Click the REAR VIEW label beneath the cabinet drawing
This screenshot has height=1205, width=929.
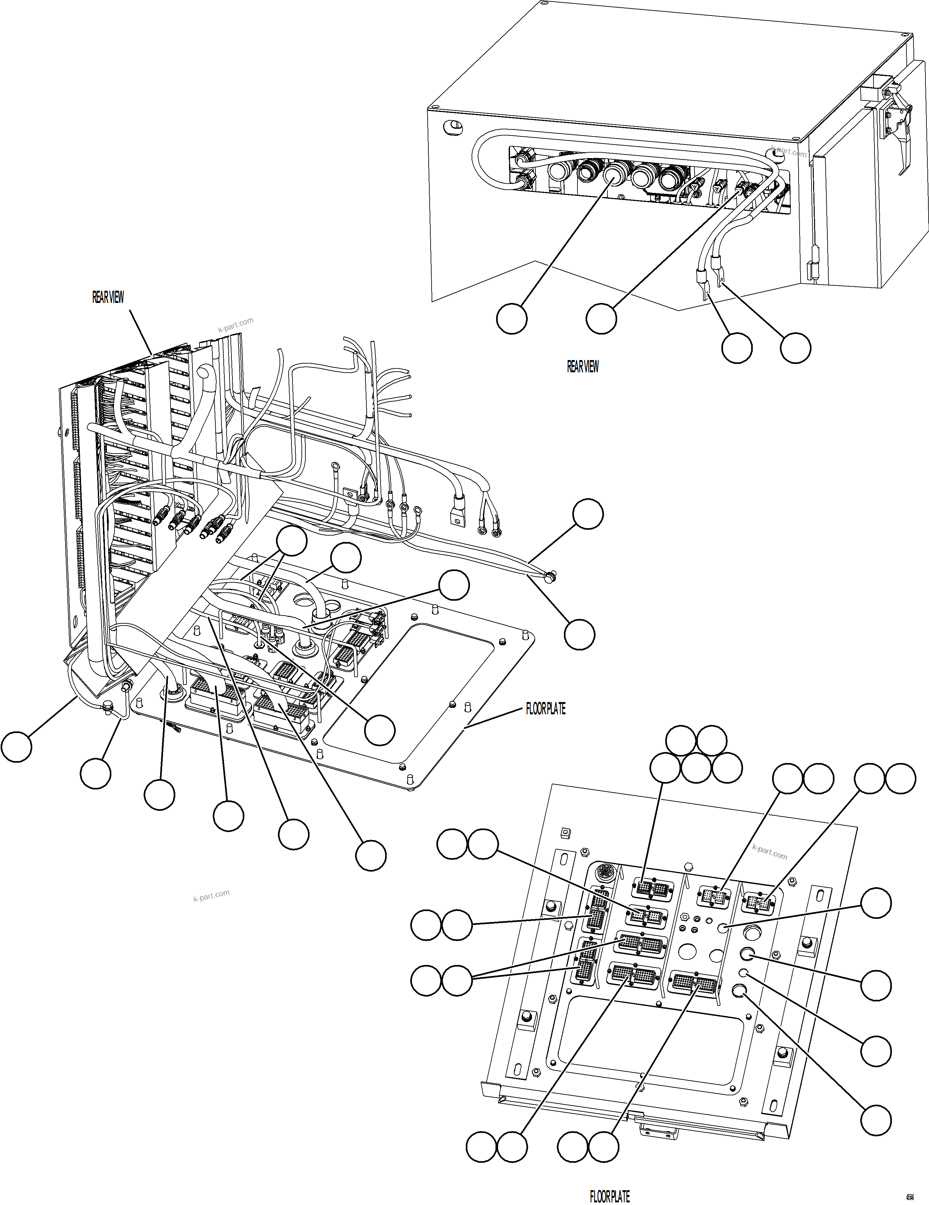pos(582,367)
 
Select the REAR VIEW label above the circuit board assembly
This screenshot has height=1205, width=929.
pos(108,297)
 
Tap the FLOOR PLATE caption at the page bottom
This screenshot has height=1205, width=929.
pos(609,1196)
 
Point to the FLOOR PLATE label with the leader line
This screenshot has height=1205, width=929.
pos(546,709)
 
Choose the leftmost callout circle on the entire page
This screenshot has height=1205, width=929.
pos(16,747)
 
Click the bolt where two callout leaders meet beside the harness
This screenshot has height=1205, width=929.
pos(549,577)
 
